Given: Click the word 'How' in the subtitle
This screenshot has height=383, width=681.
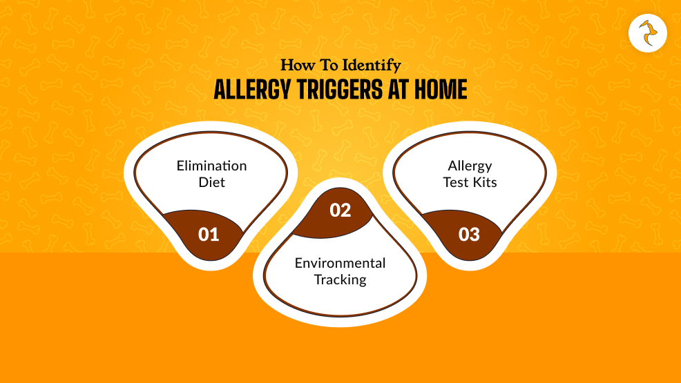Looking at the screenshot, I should (294, 66).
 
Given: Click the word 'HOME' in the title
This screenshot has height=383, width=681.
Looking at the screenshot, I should (439, 90).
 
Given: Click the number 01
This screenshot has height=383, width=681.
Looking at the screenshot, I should (209, 235).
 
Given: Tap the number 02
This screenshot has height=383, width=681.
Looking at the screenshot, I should (340, 210).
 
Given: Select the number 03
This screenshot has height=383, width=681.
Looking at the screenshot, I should (469, 235).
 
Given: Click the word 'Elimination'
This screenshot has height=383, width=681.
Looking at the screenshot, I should (211, 166).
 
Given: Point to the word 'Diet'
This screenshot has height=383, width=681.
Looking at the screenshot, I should (211, 182).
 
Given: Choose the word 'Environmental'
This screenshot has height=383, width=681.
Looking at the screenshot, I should (340, 263).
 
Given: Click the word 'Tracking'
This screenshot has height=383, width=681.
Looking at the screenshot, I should (340, 279).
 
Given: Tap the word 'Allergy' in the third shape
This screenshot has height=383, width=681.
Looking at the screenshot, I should (470, 166).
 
